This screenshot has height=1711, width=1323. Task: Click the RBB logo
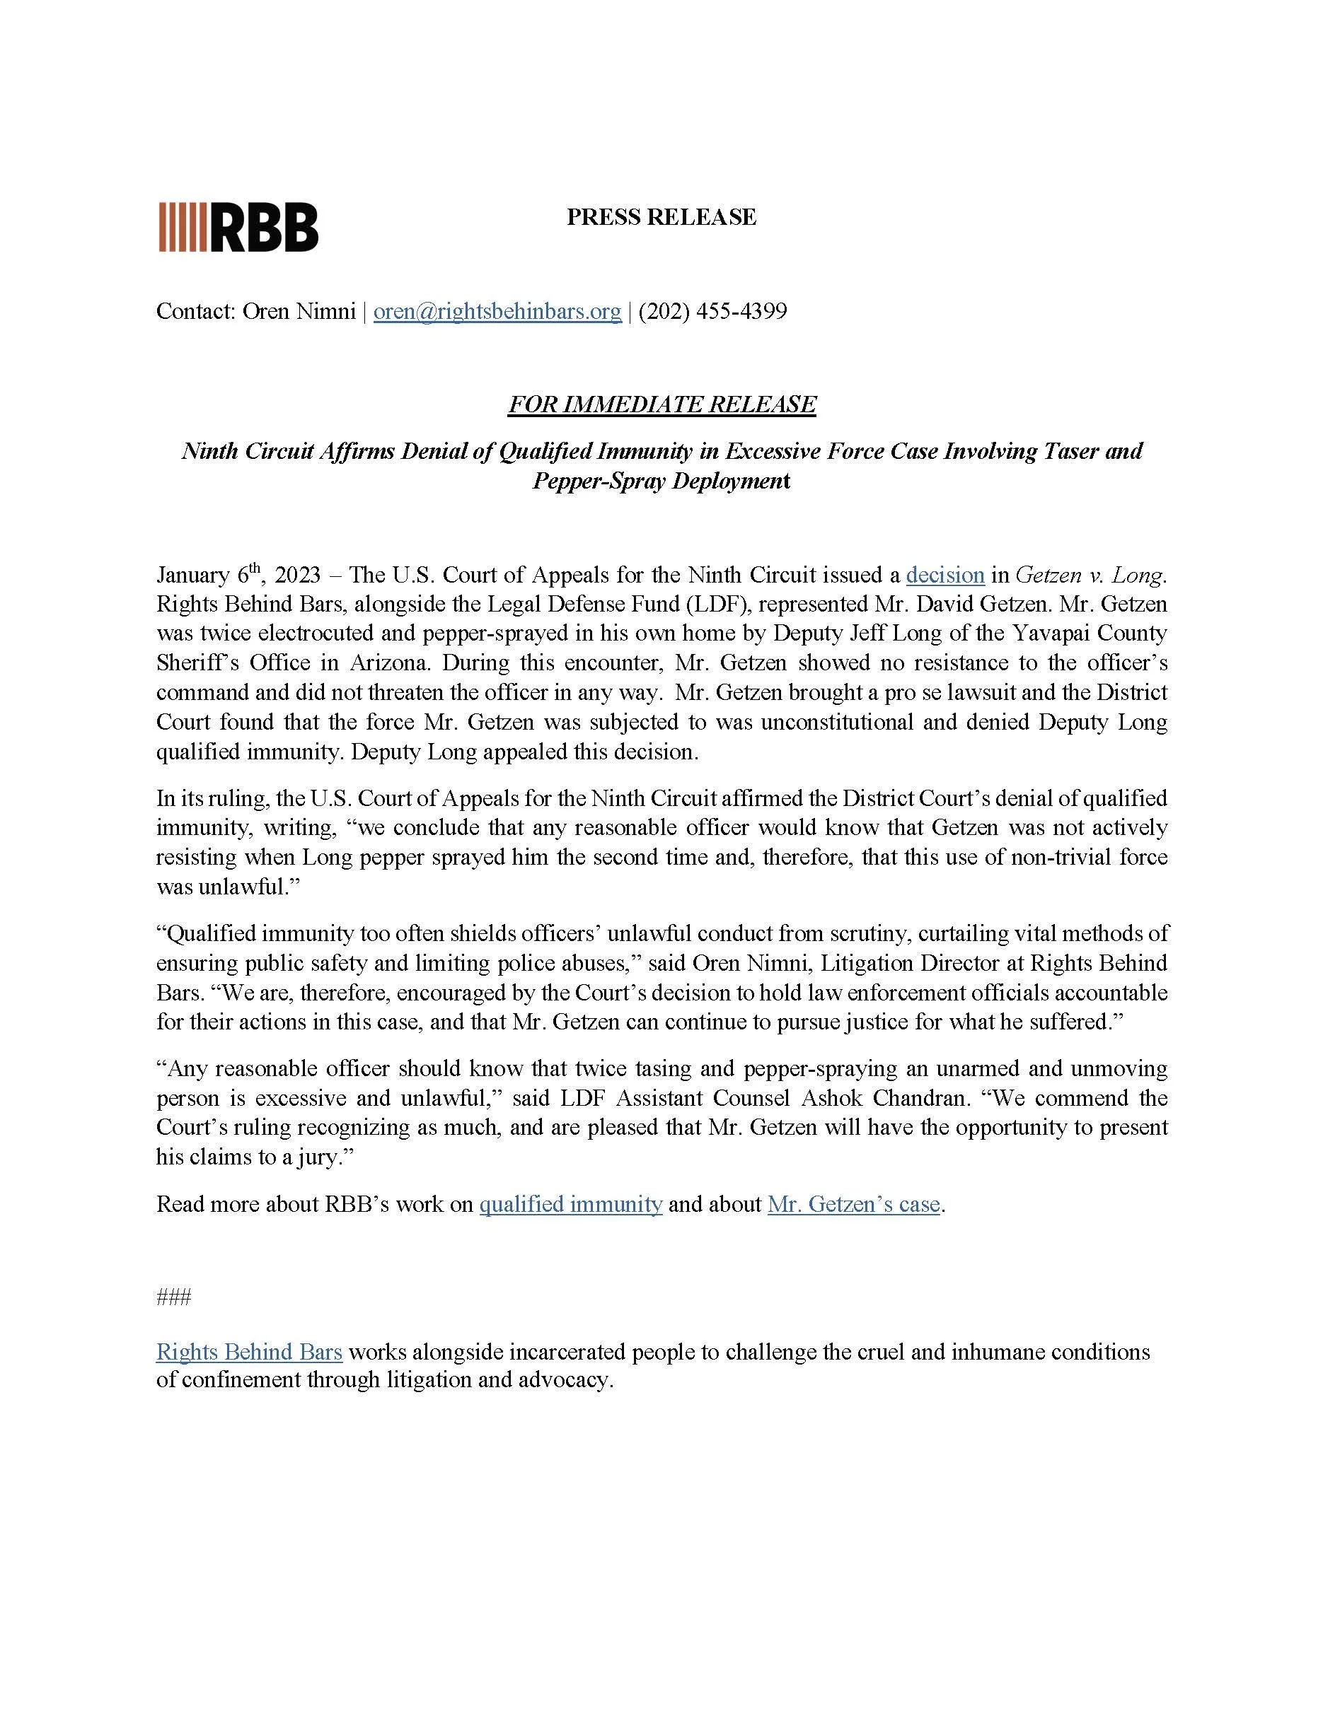click(x=238, y=227)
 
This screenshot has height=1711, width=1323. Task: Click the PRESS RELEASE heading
click(x=661, y=217)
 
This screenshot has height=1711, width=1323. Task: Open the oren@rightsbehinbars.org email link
click(x=497, y=312)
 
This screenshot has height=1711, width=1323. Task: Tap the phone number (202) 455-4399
click(x=712, y=312)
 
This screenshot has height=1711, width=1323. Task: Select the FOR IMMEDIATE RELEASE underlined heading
click(x=661, y=404)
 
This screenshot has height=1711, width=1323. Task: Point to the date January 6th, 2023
click(x=238, y=575)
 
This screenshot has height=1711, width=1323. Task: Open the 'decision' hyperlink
click(x=944, y=575)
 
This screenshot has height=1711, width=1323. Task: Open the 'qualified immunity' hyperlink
click(x=570, y=1204)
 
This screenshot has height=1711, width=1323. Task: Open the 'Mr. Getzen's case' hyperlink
click(x=853, y=1204)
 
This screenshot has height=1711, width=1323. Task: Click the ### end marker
click(x=173, y=1298)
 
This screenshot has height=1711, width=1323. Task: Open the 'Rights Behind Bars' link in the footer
click(x=249, y=1353)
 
